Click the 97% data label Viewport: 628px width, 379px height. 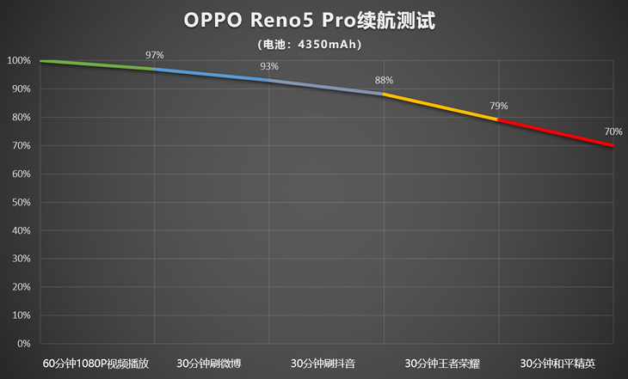[155, 55]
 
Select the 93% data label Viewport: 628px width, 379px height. [269, 66]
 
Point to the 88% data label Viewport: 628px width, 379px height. [384, 81]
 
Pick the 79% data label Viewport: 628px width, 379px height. [499, 106]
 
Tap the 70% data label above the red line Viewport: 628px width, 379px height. [613, 131]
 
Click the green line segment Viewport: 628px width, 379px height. [97, 64]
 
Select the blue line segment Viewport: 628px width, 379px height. [212, 75]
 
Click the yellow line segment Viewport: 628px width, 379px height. [440, 107]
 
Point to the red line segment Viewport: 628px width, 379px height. [555, 132]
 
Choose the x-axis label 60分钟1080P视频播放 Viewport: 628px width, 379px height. [97, 363]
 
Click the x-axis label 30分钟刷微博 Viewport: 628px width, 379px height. [212, 363]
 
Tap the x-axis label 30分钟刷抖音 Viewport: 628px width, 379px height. [326, 363]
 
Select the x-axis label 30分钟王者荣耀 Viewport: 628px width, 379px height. [440, 363]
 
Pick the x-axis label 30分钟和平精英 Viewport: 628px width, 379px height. [555, 363]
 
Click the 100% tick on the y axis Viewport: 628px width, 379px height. [19, 61]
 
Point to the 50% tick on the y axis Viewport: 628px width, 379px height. [21, 202]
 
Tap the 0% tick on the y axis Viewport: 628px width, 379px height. [24, 344]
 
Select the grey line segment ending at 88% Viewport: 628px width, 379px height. [326, 87]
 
